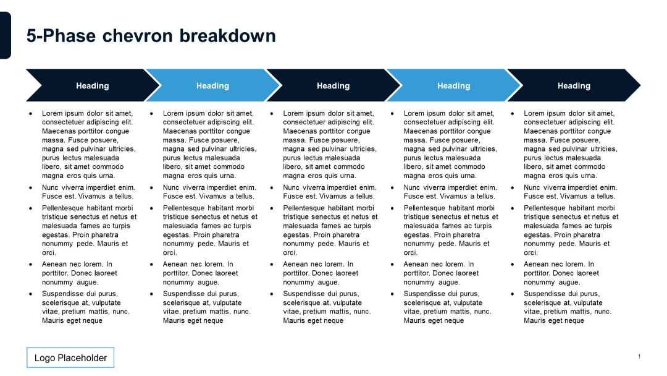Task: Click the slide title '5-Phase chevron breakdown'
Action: coord(151,36)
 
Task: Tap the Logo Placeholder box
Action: coord(70,357)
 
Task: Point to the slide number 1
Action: coord(639,356)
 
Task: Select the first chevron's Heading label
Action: coord(92,86)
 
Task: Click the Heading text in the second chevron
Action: coord(212,86)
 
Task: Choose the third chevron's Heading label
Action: coord(333,86)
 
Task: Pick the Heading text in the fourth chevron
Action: coord(453,86)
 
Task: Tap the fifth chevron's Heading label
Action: coord(574,86)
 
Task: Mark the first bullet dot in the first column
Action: coord(31,114)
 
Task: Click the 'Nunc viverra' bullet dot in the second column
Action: coord(151,187)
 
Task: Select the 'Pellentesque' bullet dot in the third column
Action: coord(272,208)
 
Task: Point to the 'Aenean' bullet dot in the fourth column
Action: coord(392,264)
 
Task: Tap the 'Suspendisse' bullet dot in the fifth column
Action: coord(513,294)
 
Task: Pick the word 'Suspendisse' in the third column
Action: coord(304,294)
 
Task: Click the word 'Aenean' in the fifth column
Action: coord(536,264)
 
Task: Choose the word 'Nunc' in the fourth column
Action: coord(413,187)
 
